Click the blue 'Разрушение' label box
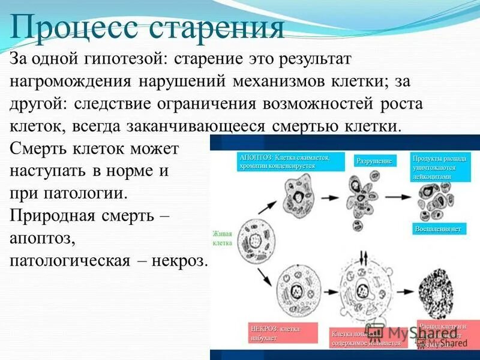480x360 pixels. point(374,161)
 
